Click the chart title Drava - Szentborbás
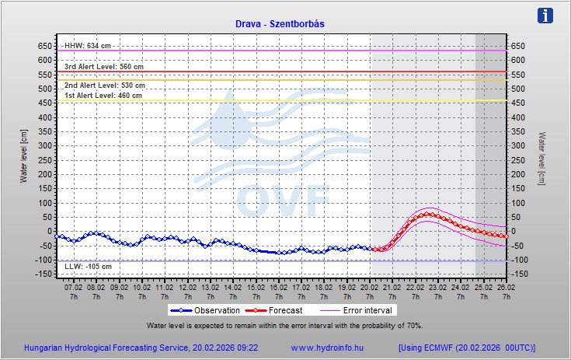[280, 23]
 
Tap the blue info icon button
[546, 16]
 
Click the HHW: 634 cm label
[88, 46]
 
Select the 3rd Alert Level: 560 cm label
[103, 67]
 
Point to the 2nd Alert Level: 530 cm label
[104, 86]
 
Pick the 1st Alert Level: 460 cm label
[103, 96]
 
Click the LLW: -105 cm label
[88, 267]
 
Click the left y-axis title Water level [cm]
[23, 156]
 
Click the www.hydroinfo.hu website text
[326, 348]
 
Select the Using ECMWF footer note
[467, 348]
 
